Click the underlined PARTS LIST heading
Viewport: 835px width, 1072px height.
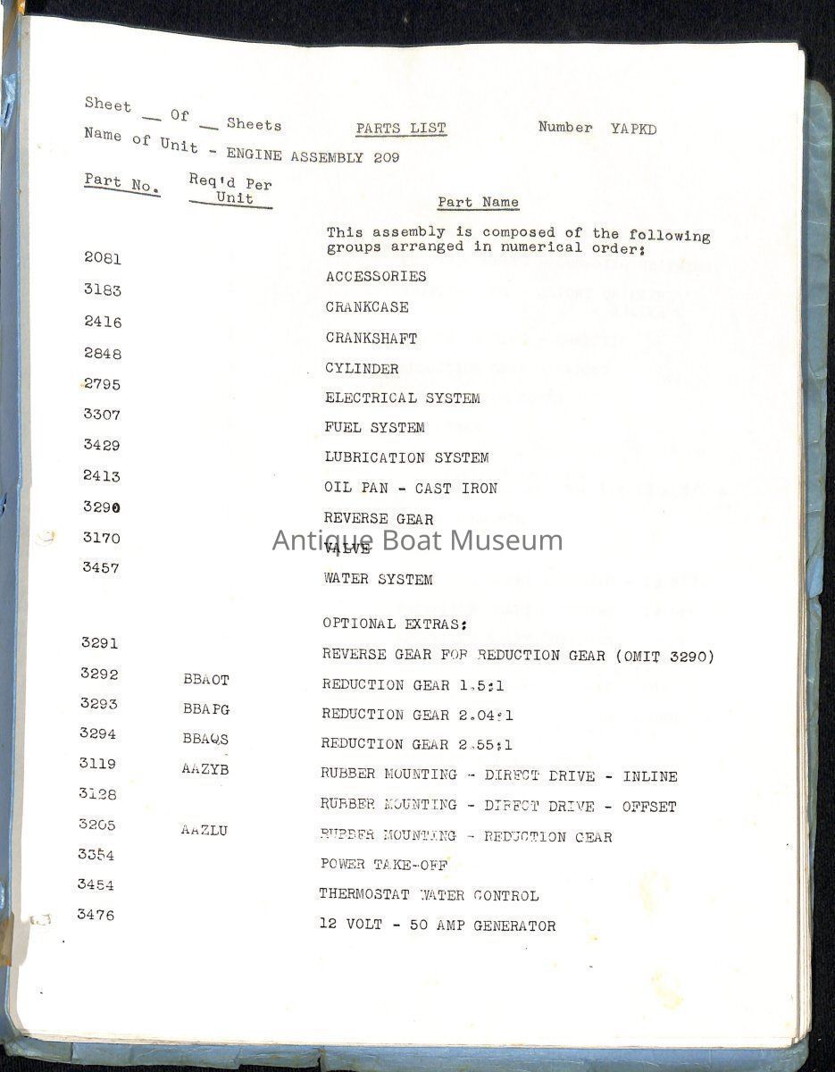click(401, 129)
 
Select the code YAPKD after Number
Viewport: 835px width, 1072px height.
click(634, 129)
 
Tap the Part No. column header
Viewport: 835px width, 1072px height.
click(121, 183)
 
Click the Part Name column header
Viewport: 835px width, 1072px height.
click(478, 203)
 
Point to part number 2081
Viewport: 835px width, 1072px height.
click(103, 258)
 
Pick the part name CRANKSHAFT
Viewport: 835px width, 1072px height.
click(371, 339)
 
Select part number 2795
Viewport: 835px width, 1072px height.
click(102, 385)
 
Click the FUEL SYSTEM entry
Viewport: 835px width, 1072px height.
click(374, 428)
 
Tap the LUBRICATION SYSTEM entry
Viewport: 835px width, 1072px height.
click(406, 458)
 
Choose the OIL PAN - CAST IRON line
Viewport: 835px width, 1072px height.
click(411, 489)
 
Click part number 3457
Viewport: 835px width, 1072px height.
click(101, 567)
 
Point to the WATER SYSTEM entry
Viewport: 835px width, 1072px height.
click(378, 580)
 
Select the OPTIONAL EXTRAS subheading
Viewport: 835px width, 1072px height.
click(395, 624)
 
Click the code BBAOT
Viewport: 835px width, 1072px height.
click(205, 680)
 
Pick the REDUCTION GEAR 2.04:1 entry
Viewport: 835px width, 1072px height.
click(417, 715)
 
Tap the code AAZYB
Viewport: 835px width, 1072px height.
click(205, 769)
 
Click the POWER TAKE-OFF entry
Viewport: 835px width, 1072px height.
click(383, 865)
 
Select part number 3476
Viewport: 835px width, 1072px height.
click(96, 915)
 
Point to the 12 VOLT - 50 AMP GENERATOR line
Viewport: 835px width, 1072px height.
click(437, 926)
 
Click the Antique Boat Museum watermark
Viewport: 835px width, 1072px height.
click(417, 540)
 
